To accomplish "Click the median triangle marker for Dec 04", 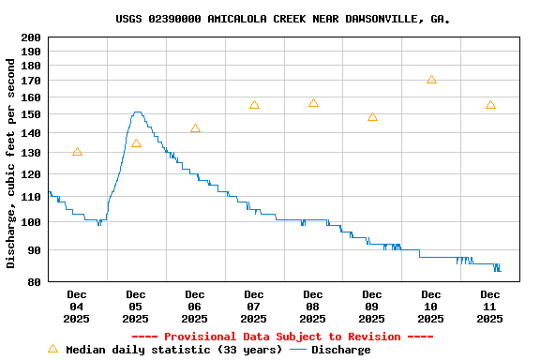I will pyautogui.click(x=77, y=152).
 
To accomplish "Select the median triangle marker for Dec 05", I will pyautogui.click(x=136, y=143).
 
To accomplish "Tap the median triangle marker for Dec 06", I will pyautogui.click(x=195, y=128).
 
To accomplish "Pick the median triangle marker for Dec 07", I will pyautogui.click(x=254, y=105).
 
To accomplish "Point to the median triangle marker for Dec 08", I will pyautogui.click(x=313, y=103).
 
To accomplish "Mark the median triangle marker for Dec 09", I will pyautogui.click(x=372, y=117).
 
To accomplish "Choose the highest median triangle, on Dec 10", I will pyautogui.click(x=431, y=80).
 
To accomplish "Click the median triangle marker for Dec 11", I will pyautogui.click(x=490, y=105).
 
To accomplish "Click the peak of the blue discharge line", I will pyautogui.click(x=137, y=112).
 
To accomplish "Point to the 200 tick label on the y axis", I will pyautogui.click(x=30, y=37).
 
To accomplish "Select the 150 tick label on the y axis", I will pyautogui.click(x=30, y=114).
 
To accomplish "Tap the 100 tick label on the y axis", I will pyautogui.click(x=30, y=222).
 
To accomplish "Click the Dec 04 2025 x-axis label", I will pyautogui.click(x=77, y=307).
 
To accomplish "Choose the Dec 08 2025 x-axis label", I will pyautogui.click(x=313, y=307).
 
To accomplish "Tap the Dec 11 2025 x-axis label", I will pyautogui.click(x=490, y=307).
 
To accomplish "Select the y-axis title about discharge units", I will pyautogui.click(x=11, y=163).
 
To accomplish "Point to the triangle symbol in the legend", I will pyautogui.click(x=52, y=349).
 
